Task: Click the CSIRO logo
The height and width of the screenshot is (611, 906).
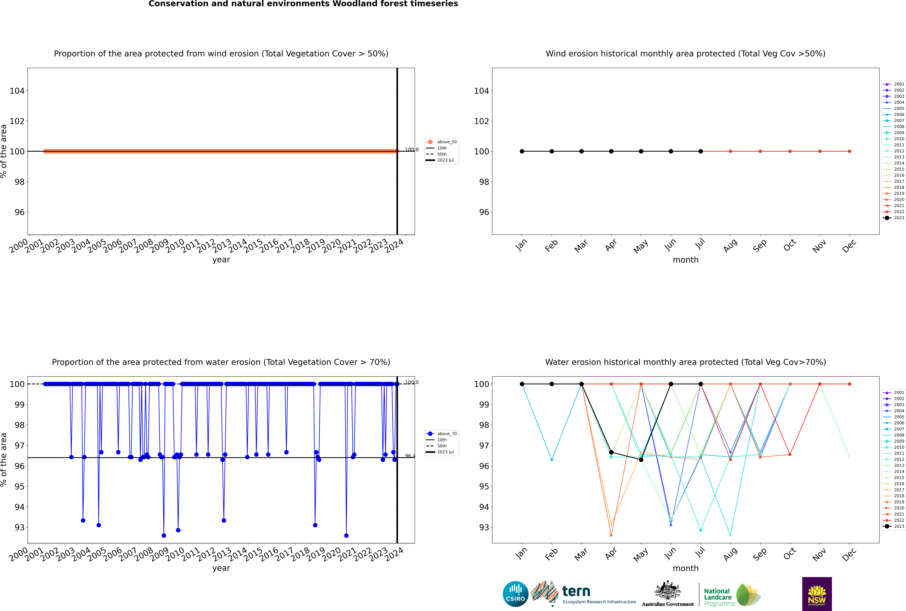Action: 515,594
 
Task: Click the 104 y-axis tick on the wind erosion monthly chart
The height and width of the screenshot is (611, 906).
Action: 481,91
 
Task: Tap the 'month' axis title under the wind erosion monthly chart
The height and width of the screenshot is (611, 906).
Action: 686,260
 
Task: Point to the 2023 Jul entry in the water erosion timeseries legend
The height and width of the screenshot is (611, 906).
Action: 445,452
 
